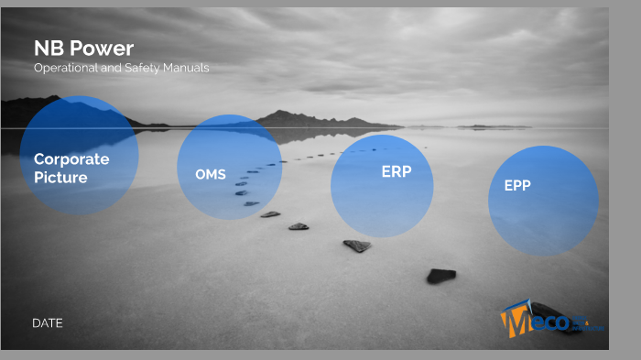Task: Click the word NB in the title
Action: click(46, 49)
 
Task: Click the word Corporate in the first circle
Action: click(71, 158)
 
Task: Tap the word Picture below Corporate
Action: click(60, 177)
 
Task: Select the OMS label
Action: click(211, 174)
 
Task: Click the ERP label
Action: click(397, 171)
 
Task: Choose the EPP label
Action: click(517, 185)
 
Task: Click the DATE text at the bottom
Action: click(48, 322)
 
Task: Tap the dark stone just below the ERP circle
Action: click(357, 245)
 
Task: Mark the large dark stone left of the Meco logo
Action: click(441, 275)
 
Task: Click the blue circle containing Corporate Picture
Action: click(79, 156)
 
